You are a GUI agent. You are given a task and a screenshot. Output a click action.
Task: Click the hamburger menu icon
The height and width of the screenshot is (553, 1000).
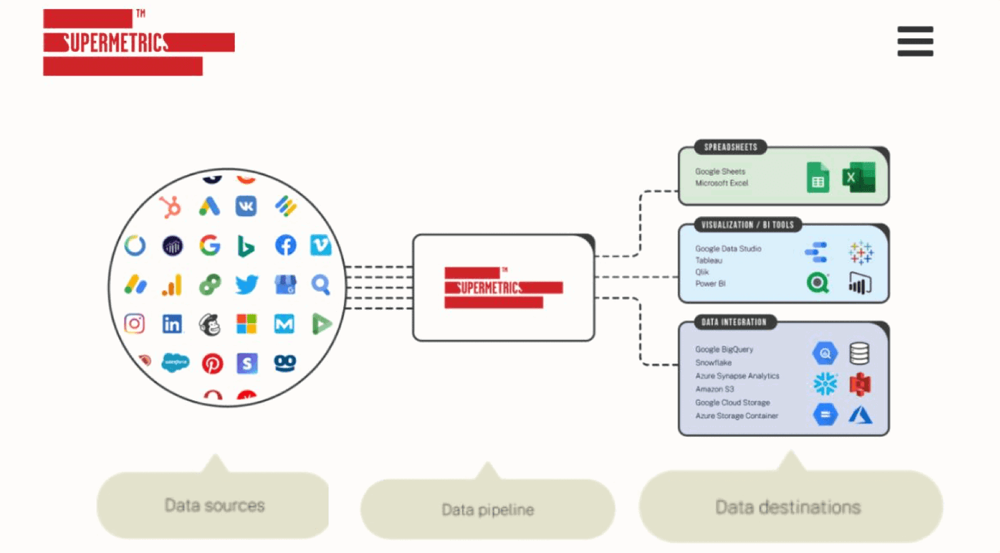coord(915,42)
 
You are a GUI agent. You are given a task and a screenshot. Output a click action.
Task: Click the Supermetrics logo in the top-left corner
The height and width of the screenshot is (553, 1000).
coord(138,42)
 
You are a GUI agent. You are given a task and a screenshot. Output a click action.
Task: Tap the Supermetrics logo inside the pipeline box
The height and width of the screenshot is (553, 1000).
coord(503,288)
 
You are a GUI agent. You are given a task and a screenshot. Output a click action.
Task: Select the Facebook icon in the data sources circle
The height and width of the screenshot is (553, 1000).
coord(285,245)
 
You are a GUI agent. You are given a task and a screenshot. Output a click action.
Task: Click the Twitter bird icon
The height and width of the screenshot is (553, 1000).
coord(247,284)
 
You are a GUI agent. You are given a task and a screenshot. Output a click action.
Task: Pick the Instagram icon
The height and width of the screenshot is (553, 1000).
coord(135,323)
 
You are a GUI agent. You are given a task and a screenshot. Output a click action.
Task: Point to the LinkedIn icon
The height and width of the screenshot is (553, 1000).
coord(172,324)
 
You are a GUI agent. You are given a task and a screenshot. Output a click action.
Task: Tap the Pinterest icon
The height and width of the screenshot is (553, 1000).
coord(212,363)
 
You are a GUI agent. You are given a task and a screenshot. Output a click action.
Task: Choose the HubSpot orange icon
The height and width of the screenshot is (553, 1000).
coord(170,206)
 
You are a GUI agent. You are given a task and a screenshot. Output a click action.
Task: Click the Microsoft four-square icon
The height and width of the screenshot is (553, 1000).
coord(247,324)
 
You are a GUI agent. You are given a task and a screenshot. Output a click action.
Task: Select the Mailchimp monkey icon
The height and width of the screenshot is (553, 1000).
coord(209,324)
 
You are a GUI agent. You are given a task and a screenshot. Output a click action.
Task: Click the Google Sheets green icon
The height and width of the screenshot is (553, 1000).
coord(817,178)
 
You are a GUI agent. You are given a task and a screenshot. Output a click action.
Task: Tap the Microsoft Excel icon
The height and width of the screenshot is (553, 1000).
coord(858,178)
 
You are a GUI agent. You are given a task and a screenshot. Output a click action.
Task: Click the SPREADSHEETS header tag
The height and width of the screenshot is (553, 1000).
coord(730,147)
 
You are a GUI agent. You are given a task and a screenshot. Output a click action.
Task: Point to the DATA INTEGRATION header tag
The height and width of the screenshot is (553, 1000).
coord(735,322)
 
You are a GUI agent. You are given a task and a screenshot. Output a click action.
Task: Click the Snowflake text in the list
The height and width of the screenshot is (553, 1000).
coord(713,363)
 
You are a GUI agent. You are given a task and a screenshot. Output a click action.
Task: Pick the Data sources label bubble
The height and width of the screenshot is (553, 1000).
coord(214,505)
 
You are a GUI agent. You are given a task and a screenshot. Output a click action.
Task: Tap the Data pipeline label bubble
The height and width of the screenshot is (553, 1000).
coord(487,510)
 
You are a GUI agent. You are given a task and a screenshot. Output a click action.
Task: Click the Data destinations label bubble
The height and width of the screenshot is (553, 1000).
coord(788,507)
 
